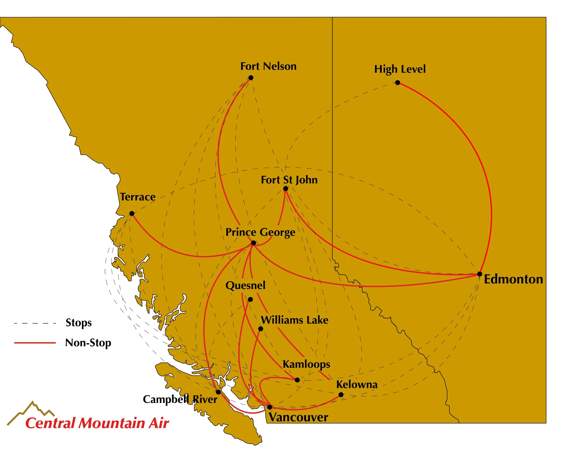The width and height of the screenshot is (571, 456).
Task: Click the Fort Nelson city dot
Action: [251, 78]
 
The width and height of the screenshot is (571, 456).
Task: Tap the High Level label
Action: [400, 69]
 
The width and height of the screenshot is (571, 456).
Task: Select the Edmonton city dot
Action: [479, 274]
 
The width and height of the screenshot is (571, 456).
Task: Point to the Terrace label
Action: [137, 197]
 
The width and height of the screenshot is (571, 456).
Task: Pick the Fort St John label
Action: [289, 180]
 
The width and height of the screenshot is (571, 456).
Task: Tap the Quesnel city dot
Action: [250, 300]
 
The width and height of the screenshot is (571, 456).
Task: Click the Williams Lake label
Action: [294, 320]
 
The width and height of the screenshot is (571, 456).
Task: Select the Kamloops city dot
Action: [297, 380]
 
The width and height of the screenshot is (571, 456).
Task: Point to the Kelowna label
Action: [357, 385]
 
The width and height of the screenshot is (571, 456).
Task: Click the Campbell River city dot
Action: [218, 392]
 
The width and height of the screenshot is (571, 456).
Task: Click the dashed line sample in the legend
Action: [35, 323]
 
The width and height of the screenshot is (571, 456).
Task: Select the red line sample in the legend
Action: [35, 343]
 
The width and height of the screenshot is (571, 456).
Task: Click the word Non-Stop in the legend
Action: [88, 343]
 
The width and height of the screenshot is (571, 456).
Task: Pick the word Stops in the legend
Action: [79, 323]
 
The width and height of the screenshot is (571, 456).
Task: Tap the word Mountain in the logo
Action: [112, 423]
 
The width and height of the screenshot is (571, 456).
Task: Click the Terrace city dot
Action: [132, 213]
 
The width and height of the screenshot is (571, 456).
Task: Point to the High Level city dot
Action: [397, 83]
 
